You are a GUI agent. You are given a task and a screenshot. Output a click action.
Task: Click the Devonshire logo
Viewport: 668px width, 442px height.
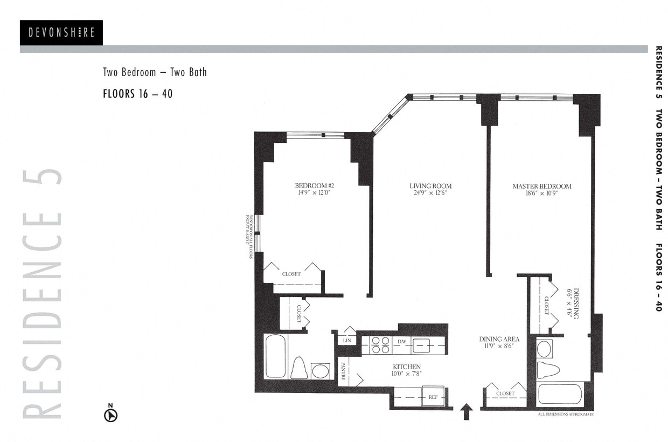point(61,33)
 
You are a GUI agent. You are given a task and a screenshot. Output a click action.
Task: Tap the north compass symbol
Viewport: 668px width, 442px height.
point(110,415)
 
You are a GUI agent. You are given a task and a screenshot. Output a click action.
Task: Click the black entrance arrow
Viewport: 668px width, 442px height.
point(467,412)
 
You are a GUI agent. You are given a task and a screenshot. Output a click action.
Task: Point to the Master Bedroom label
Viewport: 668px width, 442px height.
point(541,187)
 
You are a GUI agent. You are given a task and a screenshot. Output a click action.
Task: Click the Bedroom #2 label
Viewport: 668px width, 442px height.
point(314,186)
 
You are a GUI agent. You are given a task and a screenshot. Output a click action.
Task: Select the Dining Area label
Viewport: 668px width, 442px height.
point(499,339)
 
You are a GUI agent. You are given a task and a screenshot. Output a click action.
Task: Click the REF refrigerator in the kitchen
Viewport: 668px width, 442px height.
point(433,397)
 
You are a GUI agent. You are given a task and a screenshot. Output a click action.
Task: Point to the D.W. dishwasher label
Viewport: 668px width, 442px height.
point(402,342)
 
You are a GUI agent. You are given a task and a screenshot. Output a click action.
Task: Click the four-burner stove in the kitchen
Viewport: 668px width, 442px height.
point(380,345)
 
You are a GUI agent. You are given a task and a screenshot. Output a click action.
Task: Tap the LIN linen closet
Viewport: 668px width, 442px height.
point(346,341)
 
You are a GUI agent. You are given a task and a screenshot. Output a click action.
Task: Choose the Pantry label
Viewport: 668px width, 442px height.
point(343,371)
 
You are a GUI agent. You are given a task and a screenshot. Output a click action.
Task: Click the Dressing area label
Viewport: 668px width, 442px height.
point(574,303)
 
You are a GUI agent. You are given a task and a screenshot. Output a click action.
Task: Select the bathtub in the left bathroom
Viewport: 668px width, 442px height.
point(275,356)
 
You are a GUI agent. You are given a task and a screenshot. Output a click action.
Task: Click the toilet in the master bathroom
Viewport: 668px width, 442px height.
point(548,371)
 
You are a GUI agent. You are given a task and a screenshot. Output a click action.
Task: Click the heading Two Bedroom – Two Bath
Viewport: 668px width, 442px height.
point(155,72)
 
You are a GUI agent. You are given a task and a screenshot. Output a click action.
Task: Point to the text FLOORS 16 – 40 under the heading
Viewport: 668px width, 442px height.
point(137,93)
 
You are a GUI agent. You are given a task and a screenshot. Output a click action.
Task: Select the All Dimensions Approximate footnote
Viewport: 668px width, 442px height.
point(565,414)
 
